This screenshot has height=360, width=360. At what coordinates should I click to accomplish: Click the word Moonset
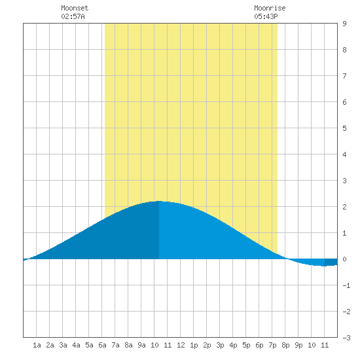[x=75, y=8]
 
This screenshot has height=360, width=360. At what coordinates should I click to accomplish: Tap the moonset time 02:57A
[x=73, y=16]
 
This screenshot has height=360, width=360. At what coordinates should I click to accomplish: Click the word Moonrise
[x=270, y=8]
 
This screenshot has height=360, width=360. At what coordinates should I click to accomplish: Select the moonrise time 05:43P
[x=266, y=16]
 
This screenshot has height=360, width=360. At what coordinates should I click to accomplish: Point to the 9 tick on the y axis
[x=344, y=24]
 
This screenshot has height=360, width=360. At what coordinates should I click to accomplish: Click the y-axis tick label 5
[x=344, y=128]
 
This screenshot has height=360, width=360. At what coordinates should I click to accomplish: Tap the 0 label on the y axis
[x=344, y=259]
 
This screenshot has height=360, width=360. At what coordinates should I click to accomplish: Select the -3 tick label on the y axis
[x=346, y=338]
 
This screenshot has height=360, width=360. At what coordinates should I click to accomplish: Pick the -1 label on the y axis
[x=346, y=285]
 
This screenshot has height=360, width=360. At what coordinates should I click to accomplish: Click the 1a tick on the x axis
[x=37, y=345]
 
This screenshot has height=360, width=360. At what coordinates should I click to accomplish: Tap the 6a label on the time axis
[x=102, y=345]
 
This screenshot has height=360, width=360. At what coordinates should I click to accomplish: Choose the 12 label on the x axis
[x=181, y=345]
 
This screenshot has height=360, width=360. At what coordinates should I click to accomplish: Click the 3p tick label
[x=220, y=345]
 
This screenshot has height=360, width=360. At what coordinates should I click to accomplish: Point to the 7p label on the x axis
[x=272, y=345]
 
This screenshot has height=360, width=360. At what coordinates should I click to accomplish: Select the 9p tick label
[x=298, y=345]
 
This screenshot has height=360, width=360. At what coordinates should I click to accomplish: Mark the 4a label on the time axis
[x=76, y=345]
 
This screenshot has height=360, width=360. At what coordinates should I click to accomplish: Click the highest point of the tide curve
[x=159, y=201]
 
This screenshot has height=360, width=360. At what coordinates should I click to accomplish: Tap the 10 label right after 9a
[x=154, y=345]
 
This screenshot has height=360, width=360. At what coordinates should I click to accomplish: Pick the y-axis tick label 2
[x=344, y=207]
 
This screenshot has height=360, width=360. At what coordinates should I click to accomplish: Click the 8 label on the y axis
[x=344, y=50]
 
